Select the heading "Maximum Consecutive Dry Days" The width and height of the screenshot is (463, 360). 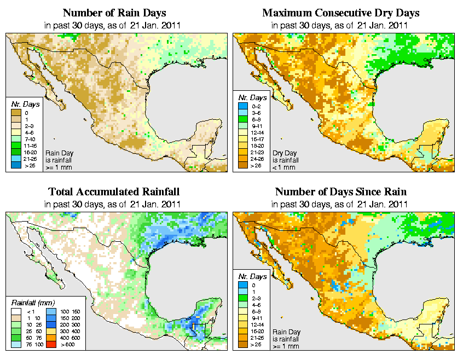coord(340,13)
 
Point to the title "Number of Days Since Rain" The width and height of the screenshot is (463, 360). coord(340,192)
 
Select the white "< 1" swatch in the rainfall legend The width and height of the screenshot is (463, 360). coord(16,311)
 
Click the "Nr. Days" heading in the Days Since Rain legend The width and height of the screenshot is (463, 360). coord(253,277)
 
